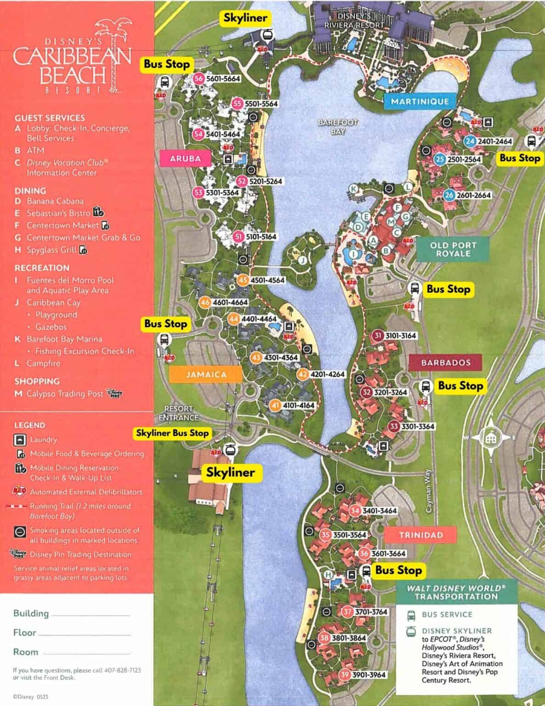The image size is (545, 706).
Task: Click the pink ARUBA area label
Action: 185,159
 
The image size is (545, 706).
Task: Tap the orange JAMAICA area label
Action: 206,375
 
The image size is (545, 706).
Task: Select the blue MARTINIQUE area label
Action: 420,101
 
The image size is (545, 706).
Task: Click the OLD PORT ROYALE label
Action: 453,249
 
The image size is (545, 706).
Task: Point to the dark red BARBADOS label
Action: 445,362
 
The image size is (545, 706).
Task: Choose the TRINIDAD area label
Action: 421,535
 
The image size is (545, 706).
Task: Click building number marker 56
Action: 198,79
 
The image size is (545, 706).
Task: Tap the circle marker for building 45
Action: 243,280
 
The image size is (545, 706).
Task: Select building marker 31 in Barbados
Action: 378,336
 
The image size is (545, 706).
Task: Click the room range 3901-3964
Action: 369,674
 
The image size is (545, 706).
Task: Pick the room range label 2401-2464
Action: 494,141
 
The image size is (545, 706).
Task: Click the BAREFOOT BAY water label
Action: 338,127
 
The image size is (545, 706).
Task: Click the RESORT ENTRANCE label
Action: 179,413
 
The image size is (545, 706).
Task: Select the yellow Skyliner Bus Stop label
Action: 172,433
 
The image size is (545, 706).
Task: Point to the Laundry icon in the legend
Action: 20,440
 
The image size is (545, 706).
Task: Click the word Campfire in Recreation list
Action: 43,363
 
